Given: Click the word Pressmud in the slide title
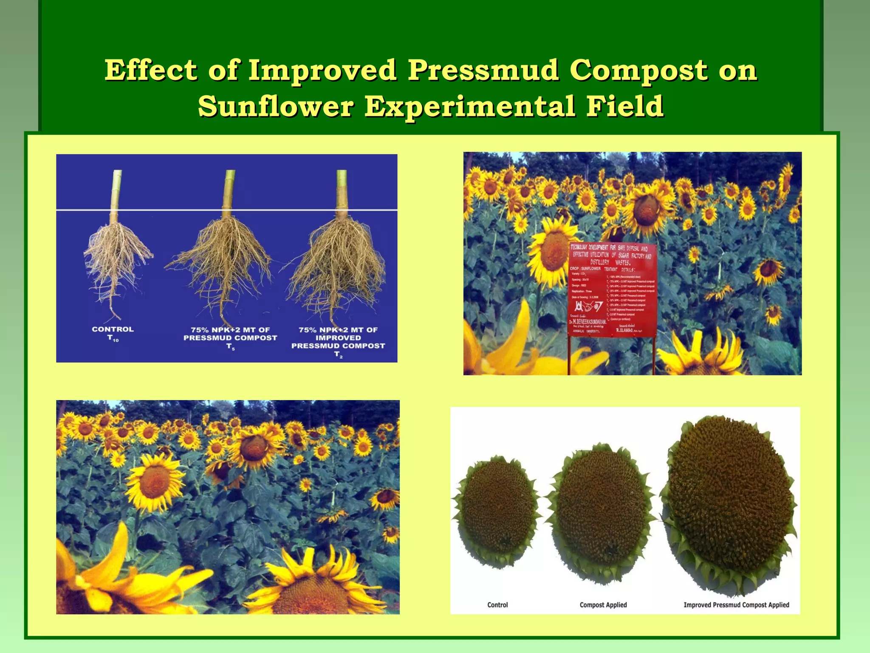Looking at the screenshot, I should tap(483, 71).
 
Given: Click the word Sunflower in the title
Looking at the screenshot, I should tap(276, 106).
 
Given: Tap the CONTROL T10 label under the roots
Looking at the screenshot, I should tap(113, 333).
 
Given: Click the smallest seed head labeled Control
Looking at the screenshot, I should tap(497, 508).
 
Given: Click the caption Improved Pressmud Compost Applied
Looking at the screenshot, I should tap(736, 605).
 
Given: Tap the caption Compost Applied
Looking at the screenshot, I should tap(603, 605).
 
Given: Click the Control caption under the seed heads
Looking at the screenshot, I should tap(497, 605).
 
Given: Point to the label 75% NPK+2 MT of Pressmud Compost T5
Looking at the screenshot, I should tap(230, 338).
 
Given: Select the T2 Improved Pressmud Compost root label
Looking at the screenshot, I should tap(338, 341).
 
